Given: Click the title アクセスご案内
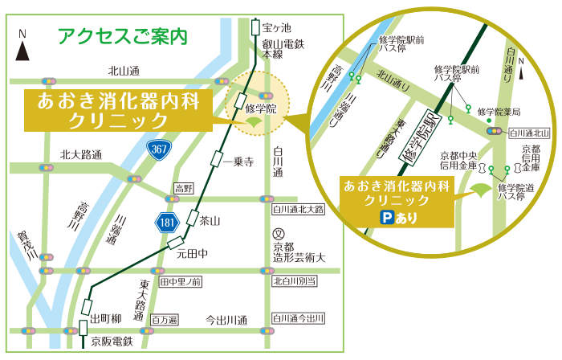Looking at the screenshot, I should (123, 35).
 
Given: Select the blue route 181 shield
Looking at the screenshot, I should (165, 219).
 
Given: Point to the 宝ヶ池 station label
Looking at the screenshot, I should (275, 27).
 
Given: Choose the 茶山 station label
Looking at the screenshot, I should (210, 219).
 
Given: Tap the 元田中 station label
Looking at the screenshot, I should (193, 254).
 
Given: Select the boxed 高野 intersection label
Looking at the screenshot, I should (184, 188).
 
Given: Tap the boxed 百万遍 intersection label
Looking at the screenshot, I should (164, 319).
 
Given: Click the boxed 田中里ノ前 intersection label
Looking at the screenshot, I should (181, 281).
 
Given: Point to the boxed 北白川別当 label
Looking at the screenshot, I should (295, 280).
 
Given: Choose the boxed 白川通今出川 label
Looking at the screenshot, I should (299, 319).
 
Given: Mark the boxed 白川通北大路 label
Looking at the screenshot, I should (298, 210).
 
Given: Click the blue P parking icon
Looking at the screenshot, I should (385, 218).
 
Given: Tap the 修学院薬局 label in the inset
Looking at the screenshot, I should (499, 112).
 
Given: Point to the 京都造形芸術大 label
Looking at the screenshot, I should (298, 252).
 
